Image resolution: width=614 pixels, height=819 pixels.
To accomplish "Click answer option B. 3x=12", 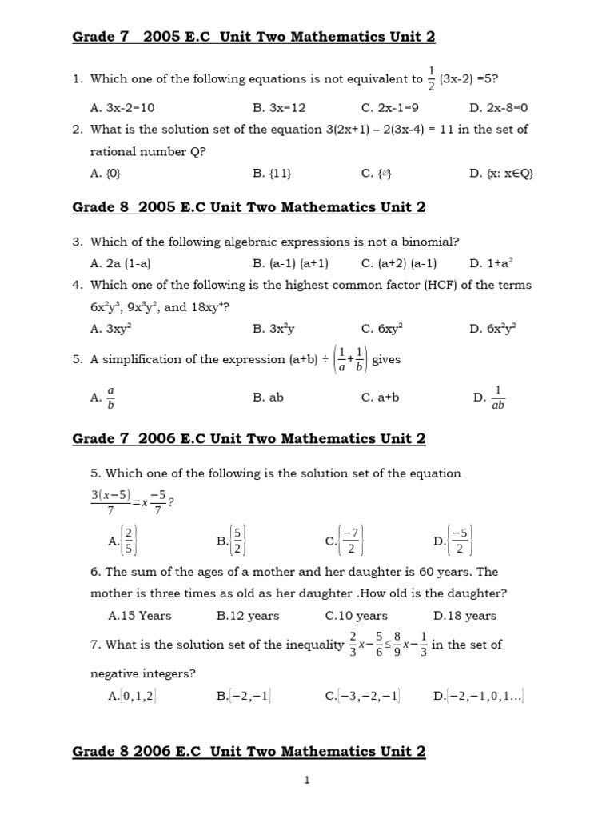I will pyautogui.click(x=279, y=107).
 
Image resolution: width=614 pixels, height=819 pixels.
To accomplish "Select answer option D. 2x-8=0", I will pyautogui.click(x=499, y=107).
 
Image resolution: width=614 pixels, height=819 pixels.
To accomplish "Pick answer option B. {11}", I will pyautogui.click(x=269, y=172).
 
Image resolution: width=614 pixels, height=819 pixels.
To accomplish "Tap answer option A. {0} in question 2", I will pyautogui.click(x=106, y=172).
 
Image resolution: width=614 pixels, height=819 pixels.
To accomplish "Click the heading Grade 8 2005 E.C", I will pyautogui.click(x=249, y=207).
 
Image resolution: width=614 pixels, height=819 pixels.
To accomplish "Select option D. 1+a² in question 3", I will pyautogui.click(x=491, y=262).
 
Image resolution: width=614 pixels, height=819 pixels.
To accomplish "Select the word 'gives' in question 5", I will pyautogui.click(x=386, y=359).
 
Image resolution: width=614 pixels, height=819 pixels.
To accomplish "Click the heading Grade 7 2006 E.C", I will pyautogui.click(x=249, y=438).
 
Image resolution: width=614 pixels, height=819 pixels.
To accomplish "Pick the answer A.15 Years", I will pyautogui.click(x=139, y=616).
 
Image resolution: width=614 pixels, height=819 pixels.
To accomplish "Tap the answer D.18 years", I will pyautogui.click(x=464, y=616).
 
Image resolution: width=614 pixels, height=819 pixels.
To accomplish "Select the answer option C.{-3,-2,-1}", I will pyautogui.click(x=362, y=696).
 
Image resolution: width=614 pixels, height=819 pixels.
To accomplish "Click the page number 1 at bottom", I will pyautogui.click(x=307, y=781).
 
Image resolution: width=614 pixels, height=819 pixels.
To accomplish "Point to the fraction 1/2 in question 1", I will pyautogui.click(x=432, y=78).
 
